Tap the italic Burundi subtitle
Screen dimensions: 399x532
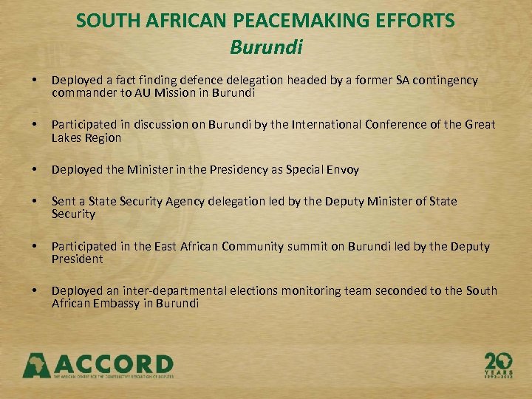266,47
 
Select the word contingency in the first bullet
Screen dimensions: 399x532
446,80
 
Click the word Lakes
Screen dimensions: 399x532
66,137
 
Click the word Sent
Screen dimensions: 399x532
63,201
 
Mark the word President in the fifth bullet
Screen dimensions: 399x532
78,259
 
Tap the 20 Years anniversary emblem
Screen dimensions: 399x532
499,364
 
